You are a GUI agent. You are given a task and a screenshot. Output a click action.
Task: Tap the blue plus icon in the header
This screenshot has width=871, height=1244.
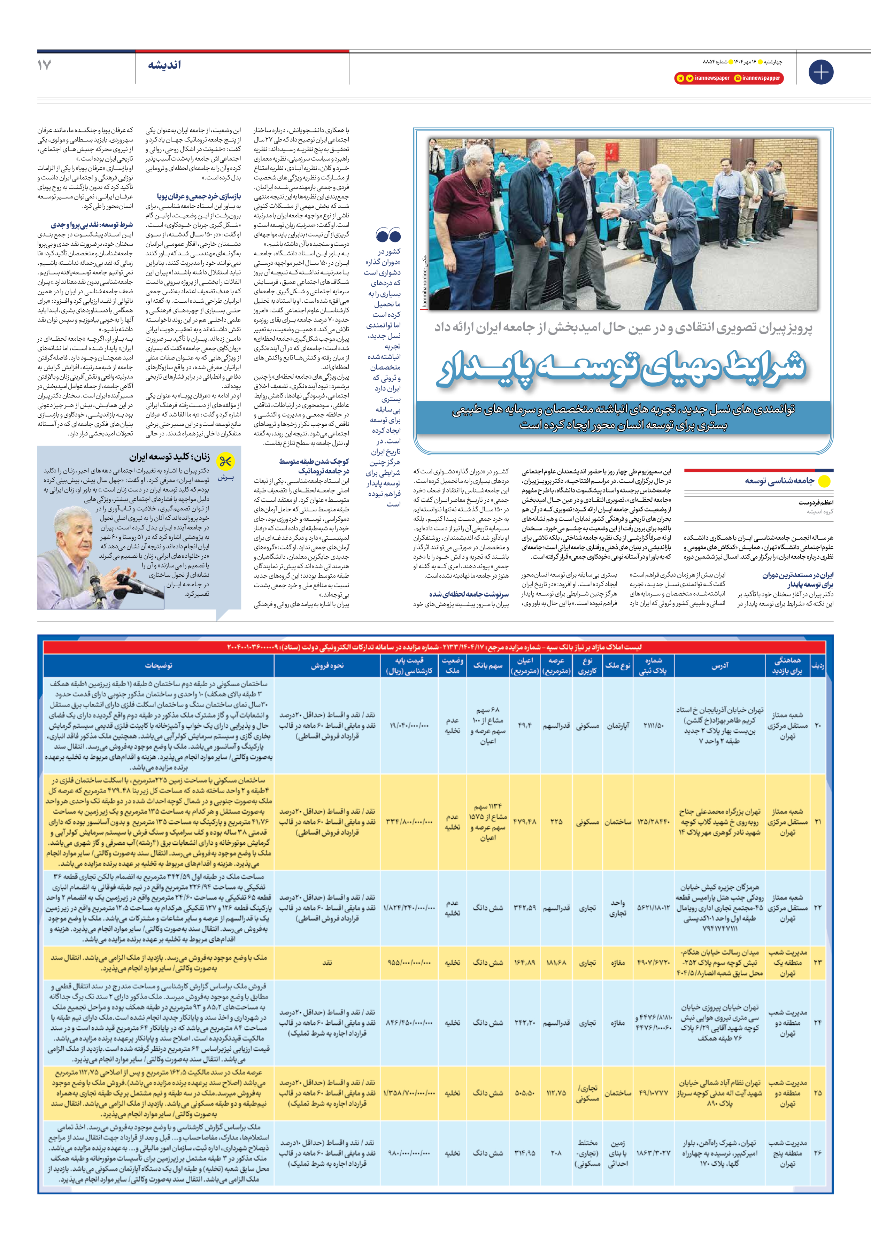pos(820,72)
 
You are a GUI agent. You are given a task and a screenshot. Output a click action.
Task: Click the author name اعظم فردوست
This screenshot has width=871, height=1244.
pos(816,503)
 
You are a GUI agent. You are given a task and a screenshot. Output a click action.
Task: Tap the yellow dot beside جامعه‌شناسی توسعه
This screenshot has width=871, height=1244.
pos(824,481)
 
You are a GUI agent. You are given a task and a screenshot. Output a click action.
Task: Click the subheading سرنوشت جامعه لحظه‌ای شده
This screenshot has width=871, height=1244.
pos(469,594)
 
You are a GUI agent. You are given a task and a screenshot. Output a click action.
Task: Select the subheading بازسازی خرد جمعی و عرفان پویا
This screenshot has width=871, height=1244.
pos(199,196)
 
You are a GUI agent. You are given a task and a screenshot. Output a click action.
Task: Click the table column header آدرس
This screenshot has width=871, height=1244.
pos(720,665)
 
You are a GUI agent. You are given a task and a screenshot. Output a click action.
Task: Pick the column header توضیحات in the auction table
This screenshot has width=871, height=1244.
pos(159,665)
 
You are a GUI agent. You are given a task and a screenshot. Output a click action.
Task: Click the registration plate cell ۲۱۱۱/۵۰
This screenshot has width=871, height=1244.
pos(653,726)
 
